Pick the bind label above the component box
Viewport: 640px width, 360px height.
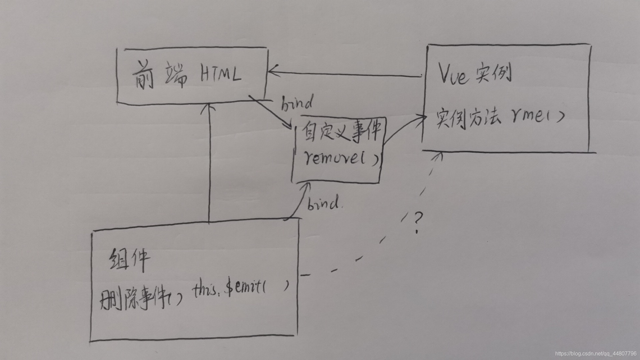pyautogui.click(x=323, y=203)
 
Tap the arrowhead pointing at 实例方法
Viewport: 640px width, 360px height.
pyautogui.click(x=423, y=117)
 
